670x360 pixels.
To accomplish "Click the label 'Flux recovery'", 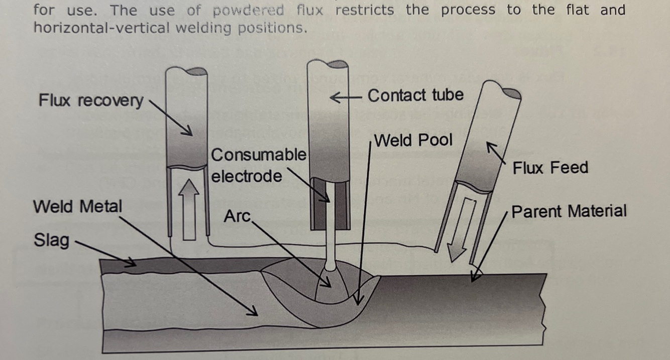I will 90,100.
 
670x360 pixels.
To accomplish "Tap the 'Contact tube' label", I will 415,95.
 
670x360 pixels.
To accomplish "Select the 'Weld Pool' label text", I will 413,140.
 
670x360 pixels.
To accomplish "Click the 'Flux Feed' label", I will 550,167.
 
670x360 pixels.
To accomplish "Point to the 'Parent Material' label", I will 569,211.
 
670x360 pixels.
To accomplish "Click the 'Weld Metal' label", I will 77,206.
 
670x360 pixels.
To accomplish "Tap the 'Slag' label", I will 51,240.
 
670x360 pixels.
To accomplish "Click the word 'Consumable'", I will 258,155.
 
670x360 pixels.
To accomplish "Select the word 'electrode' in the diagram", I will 246,176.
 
